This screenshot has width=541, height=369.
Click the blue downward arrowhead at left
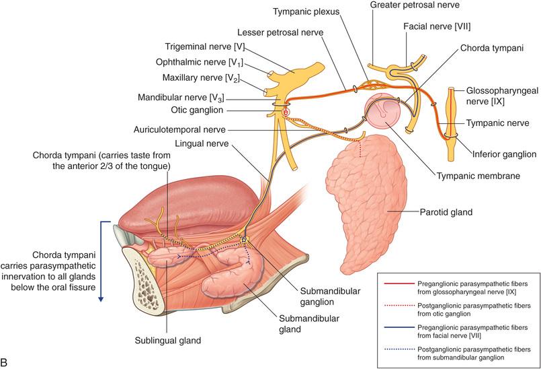click(101, 298)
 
